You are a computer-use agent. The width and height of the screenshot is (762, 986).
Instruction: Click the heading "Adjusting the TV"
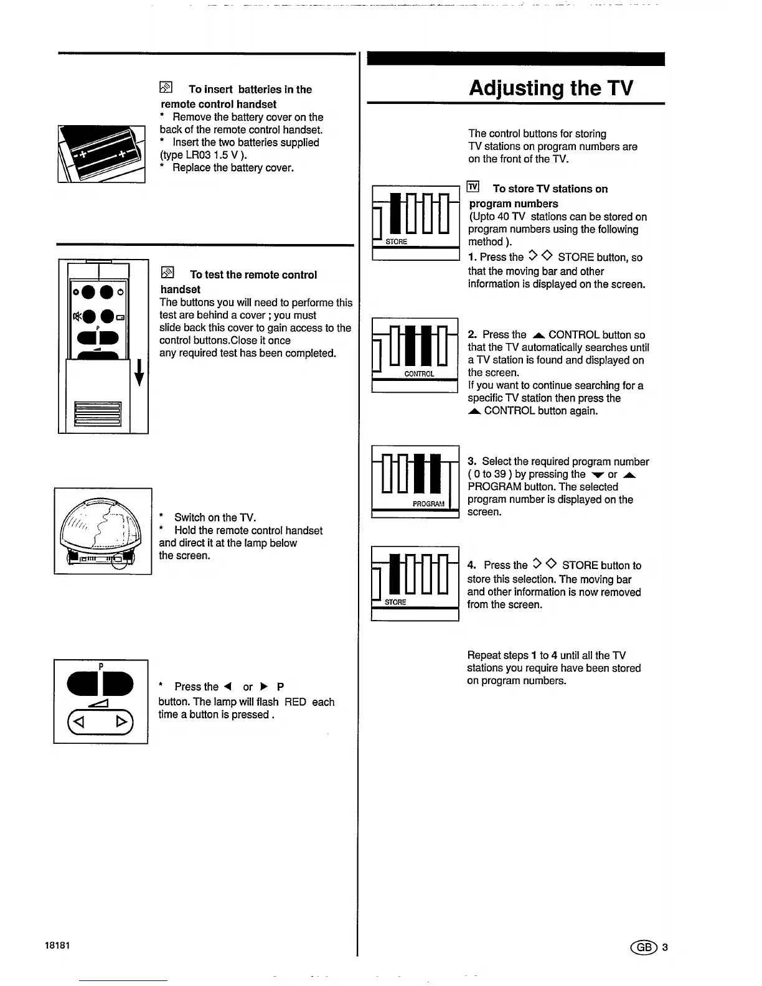pyautogui.click(x=550, y=88)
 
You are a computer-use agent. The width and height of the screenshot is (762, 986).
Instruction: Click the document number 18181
pyautogui.click(x=57, y=945)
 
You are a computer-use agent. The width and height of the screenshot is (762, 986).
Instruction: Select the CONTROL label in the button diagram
pyautogui.click(x=419, y=374)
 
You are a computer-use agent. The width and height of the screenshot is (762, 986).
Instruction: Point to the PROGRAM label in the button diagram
pyautogui.click(x=428, y=504)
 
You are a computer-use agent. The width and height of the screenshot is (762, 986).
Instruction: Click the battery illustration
pyautogui.click(x=101, y=154)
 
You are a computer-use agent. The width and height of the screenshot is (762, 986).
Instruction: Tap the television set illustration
pyautogui.click(x=103, y=531)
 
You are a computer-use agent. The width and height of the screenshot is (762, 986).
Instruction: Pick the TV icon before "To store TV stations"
pyautogui.click(x=474, y=187)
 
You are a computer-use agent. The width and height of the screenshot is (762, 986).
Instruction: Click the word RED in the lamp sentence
pyautogui.click(x=295, y=702)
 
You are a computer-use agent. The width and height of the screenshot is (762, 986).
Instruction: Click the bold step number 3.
pyautogui.click(x=472, y=461)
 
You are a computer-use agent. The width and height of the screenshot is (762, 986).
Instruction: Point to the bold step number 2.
pyautogui.click(x=472, y=335)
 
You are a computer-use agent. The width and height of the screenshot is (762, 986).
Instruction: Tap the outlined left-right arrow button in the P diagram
pyautogui.click(x=100, y=723)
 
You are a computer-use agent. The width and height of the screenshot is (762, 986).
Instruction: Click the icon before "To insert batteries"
pyautogui.click(x=166, y=88)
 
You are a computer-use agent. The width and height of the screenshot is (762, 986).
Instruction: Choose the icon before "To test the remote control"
pyautogui.click(x=167, y=273)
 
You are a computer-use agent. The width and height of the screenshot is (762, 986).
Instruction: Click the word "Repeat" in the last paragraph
pyautogui.click(x=484, y=655)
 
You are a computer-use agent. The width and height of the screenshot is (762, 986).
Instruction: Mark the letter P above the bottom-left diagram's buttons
pyautogui.click(x=101, y=666)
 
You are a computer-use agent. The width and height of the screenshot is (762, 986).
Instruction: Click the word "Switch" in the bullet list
pyautogui.click(x=190, y=518)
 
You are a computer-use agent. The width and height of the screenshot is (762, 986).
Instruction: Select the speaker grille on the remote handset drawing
pyautogui.click(x=97, y=413)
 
